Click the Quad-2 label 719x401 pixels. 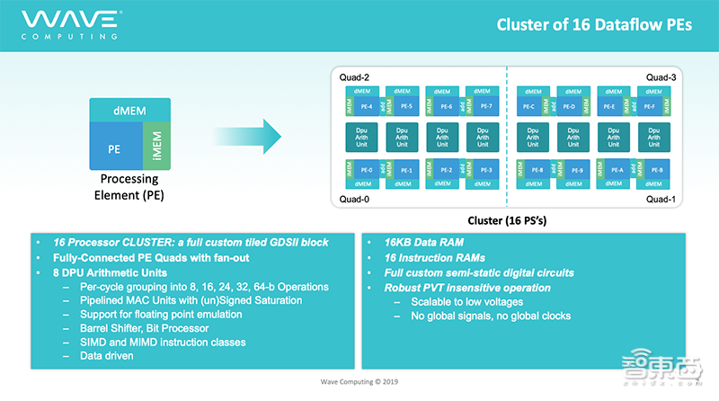(354, 77)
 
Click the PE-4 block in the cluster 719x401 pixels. (366, 106)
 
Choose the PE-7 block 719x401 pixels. (486, 106)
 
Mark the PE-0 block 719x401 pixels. (366, 170)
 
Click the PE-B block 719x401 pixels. (656, 170)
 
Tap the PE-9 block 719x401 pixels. (576, 170)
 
